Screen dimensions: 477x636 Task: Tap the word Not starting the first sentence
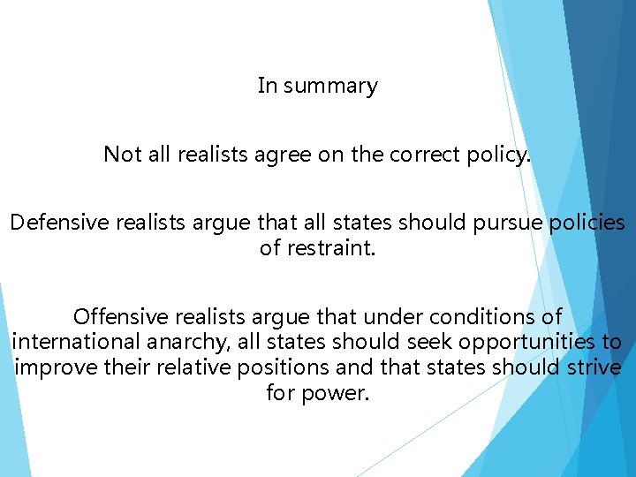click(x=123, y=155)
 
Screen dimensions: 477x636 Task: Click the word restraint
click(x=330, y=248)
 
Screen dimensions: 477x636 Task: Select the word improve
click(x=48, y=367)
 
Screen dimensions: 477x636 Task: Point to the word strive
click(x=593, y=367)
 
